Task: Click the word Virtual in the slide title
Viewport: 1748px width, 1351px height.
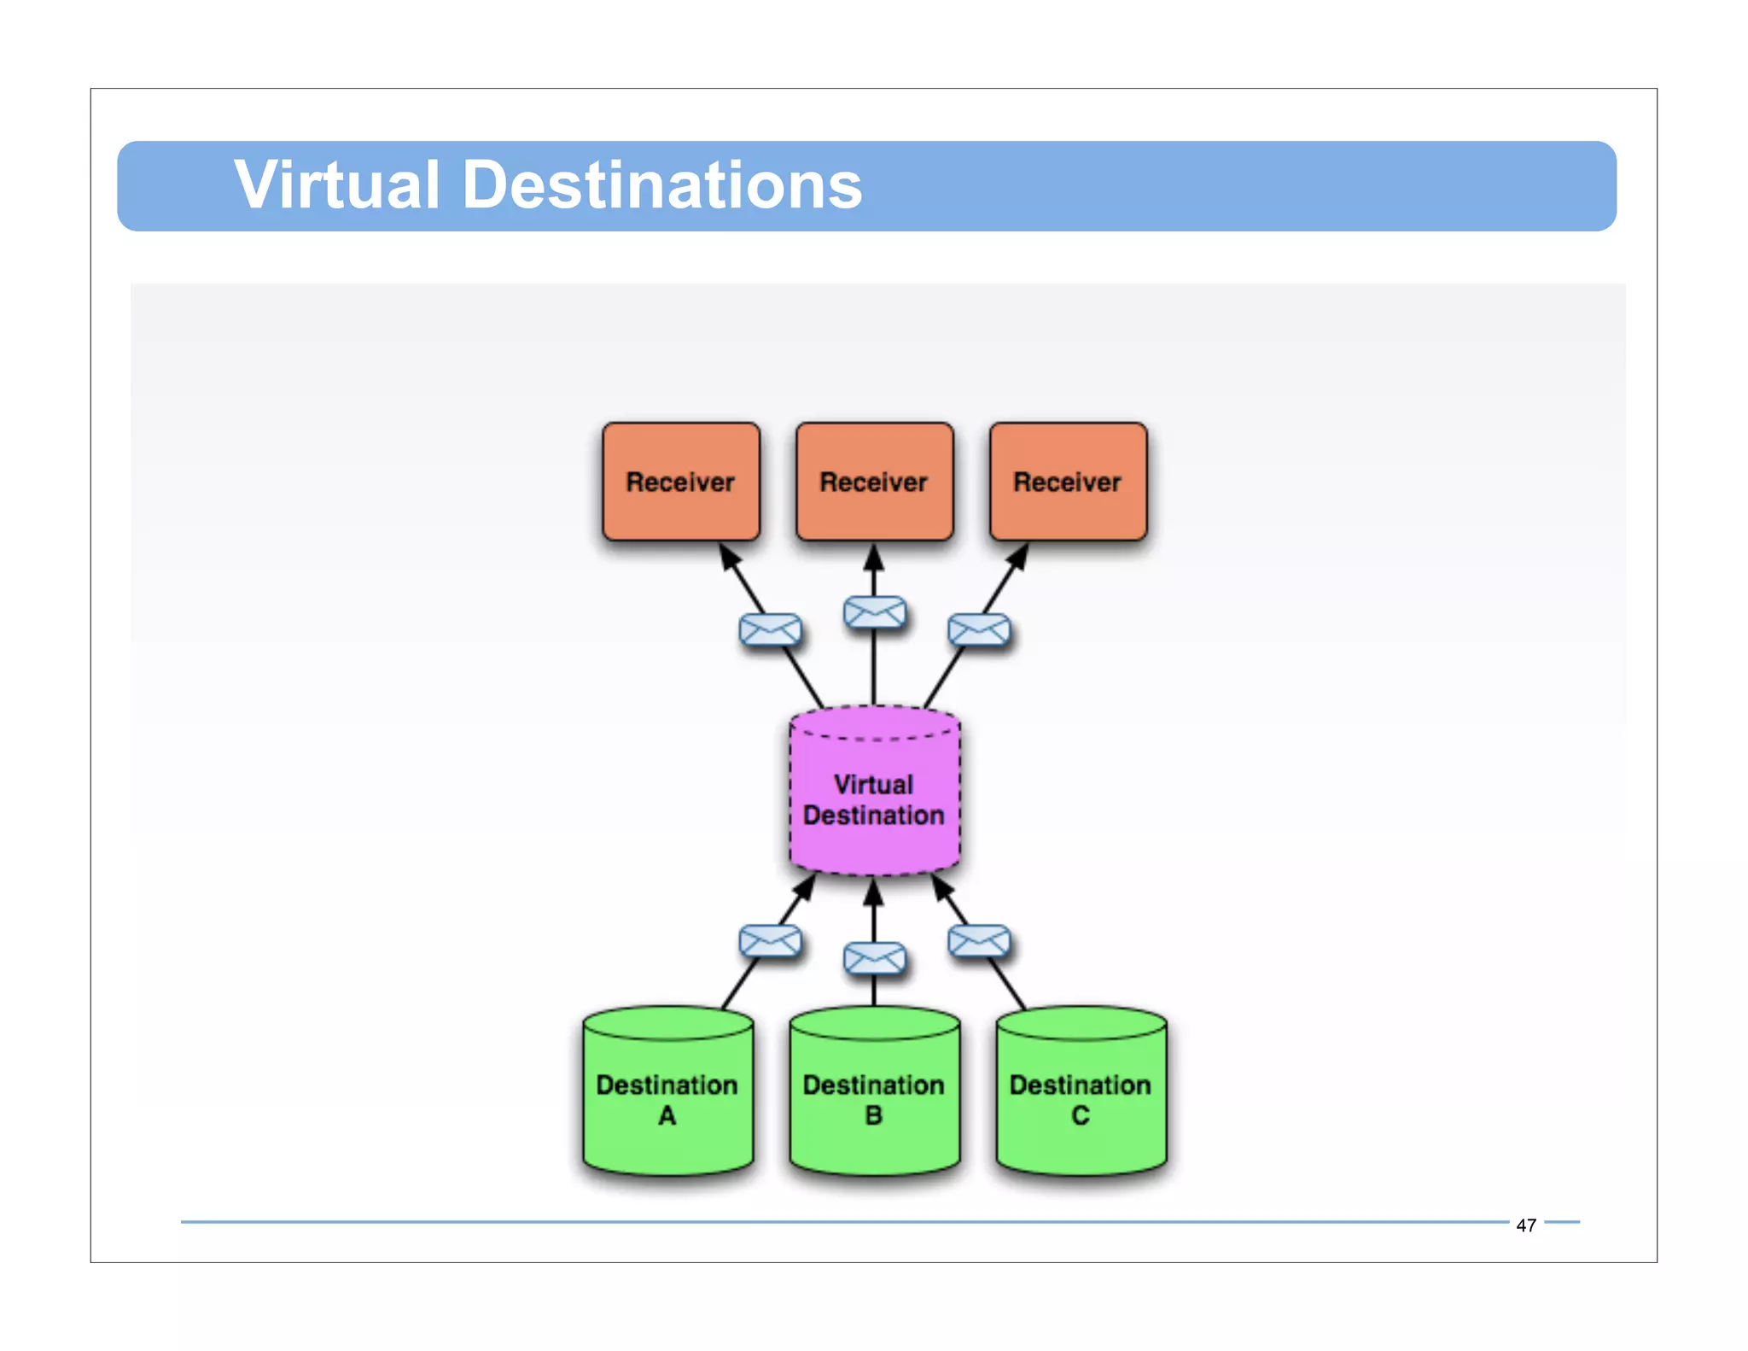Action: [336, 185]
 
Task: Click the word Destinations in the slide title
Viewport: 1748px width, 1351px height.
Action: [662, 185]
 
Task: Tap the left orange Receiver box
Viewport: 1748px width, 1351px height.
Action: [680, 482]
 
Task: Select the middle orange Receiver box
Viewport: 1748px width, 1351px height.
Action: [873, 482]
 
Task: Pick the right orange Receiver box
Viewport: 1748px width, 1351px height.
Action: [1067, 482]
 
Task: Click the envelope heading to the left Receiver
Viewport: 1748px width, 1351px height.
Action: [770, 631]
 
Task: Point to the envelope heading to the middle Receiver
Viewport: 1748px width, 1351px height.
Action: [874, 612]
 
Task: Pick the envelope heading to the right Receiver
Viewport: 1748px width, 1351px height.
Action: [979, 631]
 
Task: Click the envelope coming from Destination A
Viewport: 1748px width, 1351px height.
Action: [770, 941]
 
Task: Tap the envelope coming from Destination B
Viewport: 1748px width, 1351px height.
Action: [874, 958]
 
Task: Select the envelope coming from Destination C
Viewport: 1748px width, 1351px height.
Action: [979, 941]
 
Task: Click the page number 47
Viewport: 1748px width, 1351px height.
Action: [1526, 1225]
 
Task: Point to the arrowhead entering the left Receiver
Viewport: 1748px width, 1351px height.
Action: [729, 556]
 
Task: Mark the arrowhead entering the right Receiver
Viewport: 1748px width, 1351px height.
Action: [1019, 556]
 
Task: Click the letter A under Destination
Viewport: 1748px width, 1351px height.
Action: [667, 1115]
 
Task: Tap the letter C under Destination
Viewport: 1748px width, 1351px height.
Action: [1081, 1115]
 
